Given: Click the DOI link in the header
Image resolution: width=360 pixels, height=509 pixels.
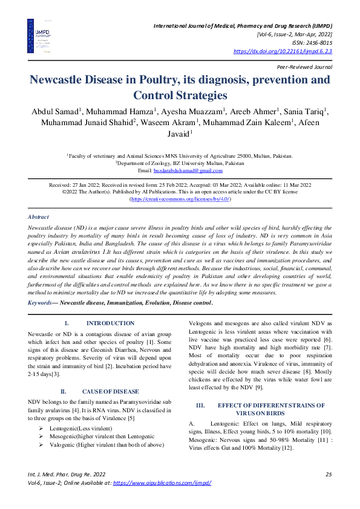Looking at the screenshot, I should [283, 52].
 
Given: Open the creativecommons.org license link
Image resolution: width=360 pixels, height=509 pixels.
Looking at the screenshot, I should [180, 199].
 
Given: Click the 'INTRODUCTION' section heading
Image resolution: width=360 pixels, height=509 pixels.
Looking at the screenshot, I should [110, 323].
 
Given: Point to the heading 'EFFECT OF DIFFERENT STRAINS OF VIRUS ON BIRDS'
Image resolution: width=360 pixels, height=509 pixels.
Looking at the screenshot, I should [263, 392].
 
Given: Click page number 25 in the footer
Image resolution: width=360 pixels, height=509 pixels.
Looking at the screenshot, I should [328, 474].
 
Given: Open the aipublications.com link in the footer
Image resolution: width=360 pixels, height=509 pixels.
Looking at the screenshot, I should [162, 484].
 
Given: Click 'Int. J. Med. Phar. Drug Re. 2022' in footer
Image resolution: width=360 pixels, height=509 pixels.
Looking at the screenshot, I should [67, 474].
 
